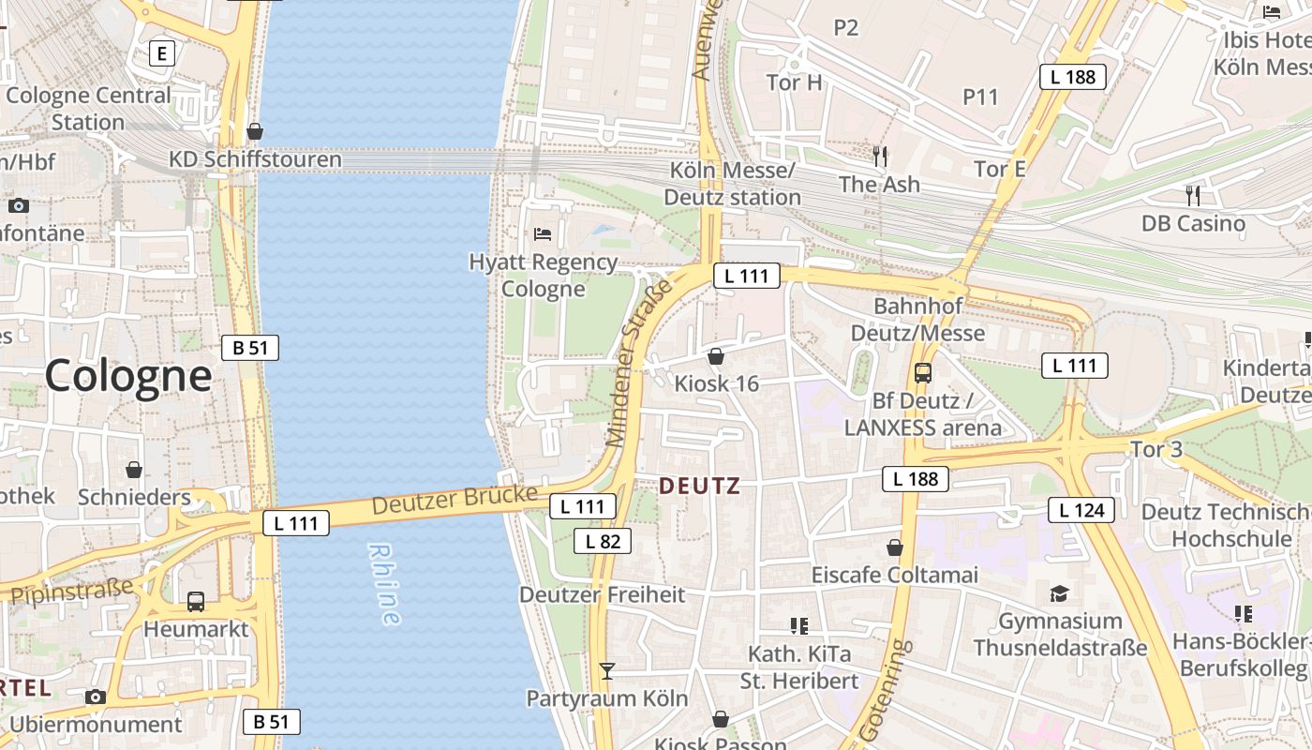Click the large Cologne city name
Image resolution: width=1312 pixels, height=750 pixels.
pos(128,376)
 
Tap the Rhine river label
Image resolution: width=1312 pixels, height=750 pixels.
pos(384,583)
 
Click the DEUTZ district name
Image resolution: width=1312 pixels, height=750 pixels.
pos(699,486)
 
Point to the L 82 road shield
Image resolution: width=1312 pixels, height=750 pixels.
pos(603,541)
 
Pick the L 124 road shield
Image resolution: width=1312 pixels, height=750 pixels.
pos(1081,510)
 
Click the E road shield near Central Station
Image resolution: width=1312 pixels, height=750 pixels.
pos(162,53)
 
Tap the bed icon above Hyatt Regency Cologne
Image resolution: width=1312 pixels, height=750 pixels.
pos(543,233)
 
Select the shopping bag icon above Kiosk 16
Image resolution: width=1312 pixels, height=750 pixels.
pos(716,356)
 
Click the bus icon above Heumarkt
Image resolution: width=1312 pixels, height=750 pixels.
pos(196,602)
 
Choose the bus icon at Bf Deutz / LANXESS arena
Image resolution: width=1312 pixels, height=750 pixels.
pos(923,373)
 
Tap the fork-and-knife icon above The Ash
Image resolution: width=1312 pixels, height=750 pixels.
pos(879,157)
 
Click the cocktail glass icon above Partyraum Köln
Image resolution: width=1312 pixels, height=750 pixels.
pos(607,670)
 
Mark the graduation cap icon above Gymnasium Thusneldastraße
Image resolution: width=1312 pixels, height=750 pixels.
pos(1059,593)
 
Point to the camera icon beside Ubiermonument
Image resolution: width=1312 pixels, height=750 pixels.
pos(96,697)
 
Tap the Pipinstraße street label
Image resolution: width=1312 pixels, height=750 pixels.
pos(71,592)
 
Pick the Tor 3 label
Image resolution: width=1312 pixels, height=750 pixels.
pos(1156,449)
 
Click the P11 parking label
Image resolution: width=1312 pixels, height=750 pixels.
pos(980,97)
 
